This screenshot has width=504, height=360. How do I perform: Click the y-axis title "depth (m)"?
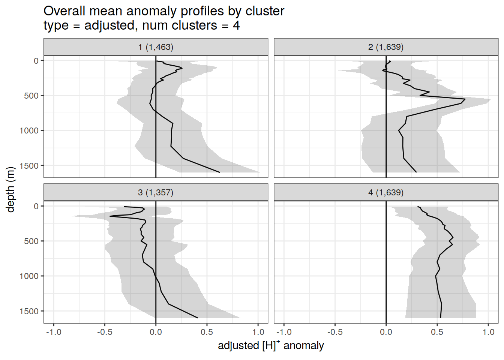[x=10, y=189]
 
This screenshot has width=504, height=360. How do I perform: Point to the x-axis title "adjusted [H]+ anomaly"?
[x=271, y=345]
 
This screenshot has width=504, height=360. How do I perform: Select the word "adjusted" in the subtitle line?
[x=109, y=25]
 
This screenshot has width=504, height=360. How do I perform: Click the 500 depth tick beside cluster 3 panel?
[x=31, y=241]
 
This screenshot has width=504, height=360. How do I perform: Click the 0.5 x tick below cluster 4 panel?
[x=437, y=332]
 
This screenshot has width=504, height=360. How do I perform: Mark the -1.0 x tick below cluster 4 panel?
[x=283, y=332]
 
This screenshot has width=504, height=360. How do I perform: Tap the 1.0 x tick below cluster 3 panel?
[x=258, y=332]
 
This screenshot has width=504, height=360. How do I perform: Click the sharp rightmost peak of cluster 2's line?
[x=465, y=99]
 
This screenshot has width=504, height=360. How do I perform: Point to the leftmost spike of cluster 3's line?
[x=110, y=216]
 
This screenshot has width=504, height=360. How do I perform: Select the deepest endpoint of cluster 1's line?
[x=219, y=172]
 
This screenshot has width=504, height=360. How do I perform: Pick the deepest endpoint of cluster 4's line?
[x=441, y=318]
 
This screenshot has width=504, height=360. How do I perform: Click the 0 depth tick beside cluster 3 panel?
[x=36, y=206]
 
